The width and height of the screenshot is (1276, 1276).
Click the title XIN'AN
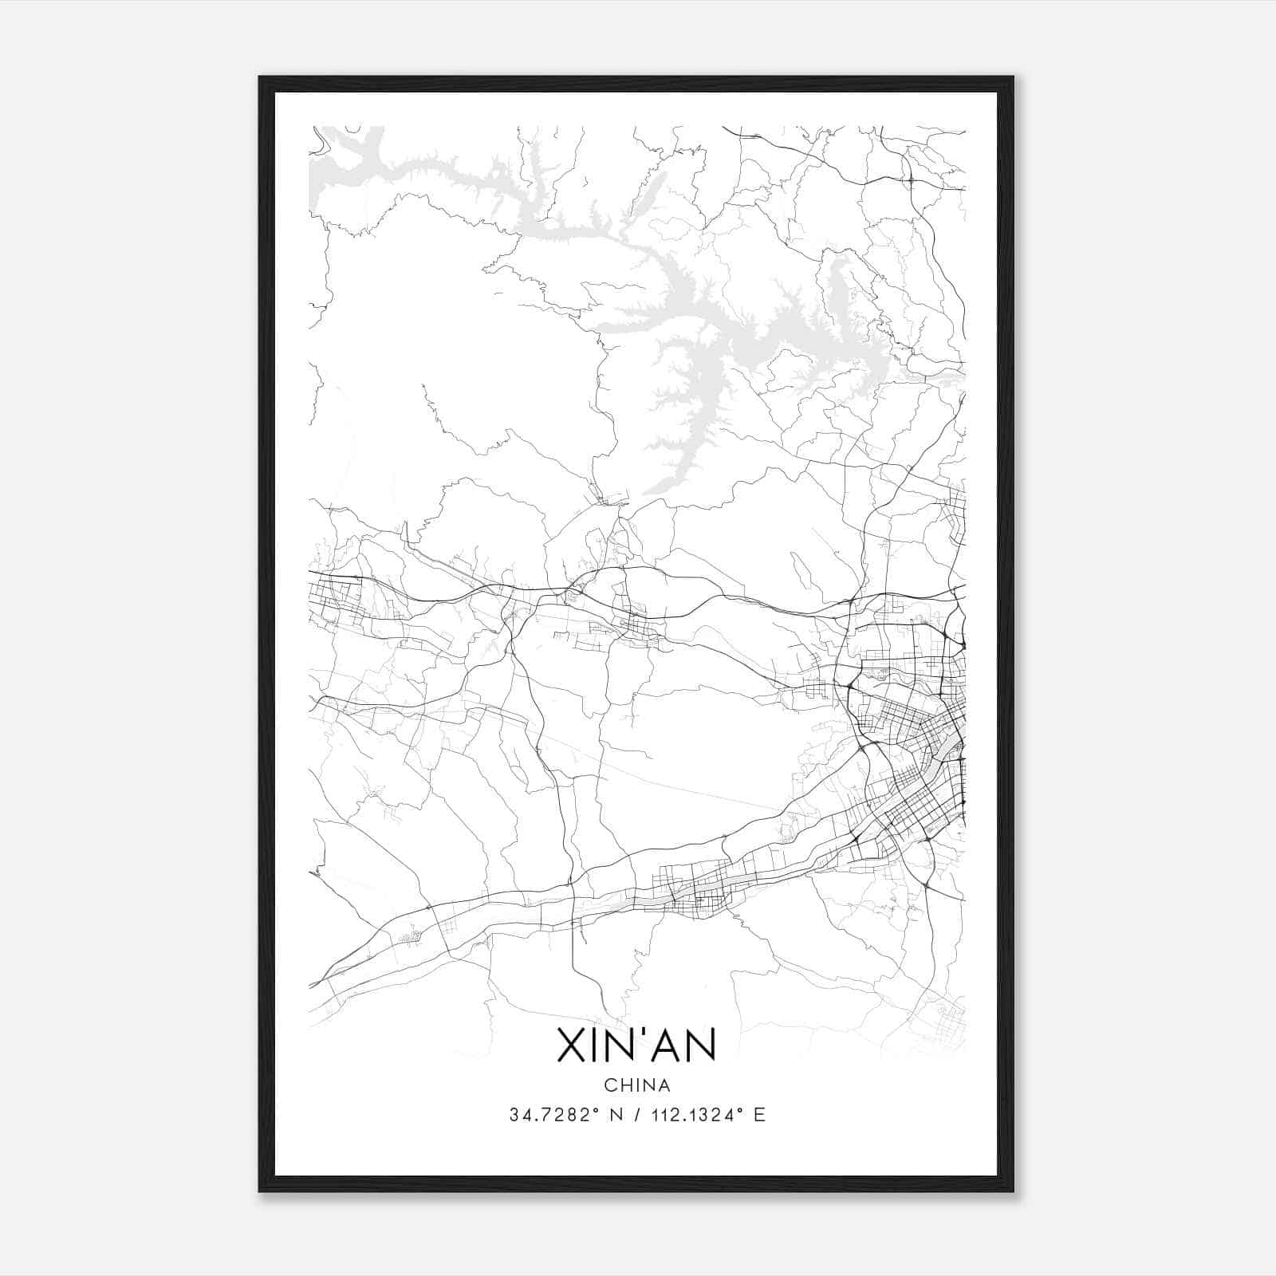[636, 1046]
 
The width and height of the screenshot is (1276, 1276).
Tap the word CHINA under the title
[636, 1085]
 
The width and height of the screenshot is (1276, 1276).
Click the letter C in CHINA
[610, 1085]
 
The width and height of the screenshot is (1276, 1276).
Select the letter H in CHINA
[625, 1085]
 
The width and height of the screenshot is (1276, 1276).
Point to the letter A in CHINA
[663, 1085]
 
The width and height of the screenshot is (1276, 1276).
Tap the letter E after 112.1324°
[759, 1115]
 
